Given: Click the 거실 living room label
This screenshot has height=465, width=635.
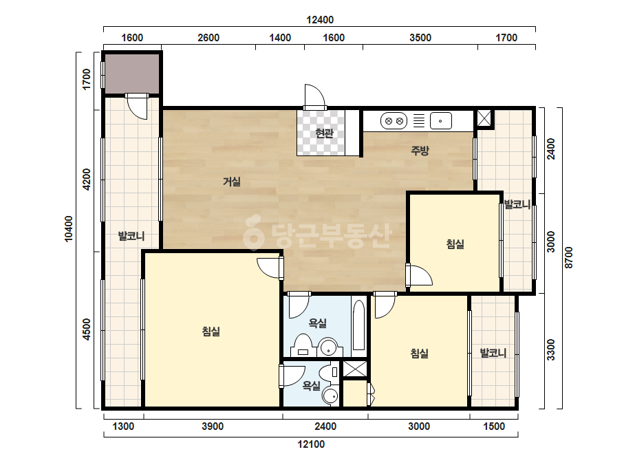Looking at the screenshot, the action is point(232,182).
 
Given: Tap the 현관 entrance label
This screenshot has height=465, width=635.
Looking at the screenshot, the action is point(324,133).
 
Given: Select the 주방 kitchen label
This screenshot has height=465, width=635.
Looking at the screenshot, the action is point(420,151).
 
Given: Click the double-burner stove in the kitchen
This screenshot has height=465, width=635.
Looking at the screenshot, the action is point(394,120).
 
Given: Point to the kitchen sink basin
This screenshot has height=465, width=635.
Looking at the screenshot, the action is point(440,120).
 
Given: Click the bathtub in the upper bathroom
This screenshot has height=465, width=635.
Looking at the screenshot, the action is point(358,325).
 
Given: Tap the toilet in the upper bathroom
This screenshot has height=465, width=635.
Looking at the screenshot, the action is point(303,345).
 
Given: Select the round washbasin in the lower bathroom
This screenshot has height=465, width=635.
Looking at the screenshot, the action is point(331,396).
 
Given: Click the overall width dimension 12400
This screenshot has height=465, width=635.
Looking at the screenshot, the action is point(320,19).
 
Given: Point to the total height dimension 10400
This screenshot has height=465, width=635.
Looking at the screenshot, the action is point(69,229).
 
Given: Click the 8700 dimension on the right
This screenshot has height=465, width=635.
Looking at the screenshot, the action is point(569,258).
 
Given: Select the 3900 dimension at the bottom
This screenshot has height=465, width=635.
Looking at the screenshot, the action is point(213,426).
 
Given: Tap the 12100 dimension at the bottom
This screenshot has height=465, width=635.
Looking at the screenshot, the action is point(311,444).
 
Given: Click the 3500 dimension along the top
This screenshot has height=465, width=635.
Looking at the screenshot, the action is point(420,38).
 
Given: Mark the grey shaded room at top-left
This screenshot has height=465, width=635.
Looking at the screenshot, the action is point(132,74).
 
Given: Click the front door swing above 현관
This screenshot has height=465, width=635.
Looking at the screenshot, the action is point(315,96).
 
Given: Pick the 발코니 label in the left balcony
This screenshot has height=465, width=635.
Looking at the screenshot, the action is point(131,236).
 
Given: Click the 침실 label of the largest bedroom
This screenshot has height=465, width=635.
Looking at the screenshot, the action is point(211,332).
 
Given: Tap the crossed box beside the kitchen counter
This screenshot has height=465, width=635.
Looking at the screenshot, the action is point(484,118).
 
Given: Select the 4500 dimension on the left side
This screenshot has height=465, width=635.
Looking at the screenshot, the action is point(86,329).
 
